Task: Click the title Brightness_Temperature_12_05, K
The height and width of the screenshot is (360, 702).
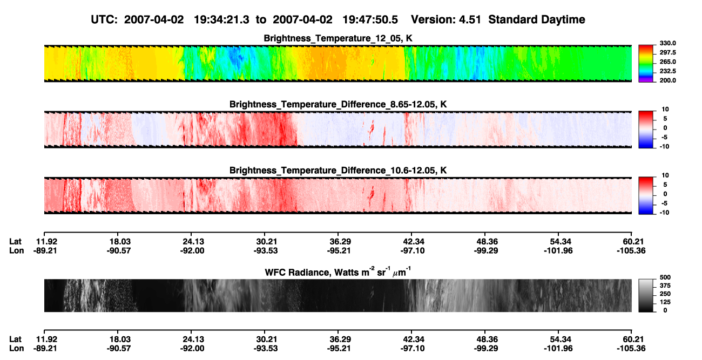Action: [338, 38]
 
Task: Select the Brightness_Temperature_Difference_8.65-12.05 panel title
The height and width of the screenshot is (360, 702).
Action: [338, 104]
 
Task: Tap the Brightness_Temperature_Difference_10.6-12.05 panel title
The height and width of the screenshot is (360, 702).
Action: [338, 171]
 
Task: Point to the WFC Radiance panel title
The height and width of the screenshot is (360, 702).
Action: [338, 272]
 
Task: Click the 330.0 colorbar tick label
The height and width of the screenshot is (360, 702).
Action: [667, 43]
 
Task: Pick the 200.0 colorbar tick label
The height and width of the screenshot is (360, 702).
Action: [667, 80]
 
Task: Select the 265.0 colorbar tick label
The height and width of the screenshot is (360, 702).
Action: [667, 62]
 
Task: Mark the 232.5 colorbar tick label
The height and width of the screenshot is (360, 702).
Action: [667, 71]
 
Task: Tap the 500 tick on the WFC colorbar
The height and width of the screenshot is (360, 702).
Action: [665, 277]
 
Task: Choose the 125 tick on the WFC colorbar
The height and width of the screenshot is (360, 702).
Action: [665, 302]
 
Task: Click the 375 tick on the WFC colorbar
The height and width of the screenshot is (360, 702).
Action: [665, 286]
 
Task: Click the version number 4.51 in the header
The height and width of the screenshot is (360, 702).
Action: [470, 20]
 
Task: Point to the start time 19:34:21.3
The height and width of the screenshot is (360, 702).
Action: [221, 20]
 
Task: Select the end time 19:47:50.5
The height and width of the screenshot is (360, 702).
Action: [370, 20]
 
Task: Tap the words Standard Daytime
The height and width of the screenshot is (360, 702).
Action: [537, 20]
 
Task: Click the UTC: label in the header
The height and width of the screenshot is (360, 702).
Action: [104, 20]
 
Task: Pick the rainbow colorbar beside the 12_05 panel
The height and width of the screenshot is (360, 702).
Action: [646, 64]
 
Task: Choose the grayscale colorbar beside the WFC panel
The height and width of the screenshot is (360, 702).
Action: [646, 295]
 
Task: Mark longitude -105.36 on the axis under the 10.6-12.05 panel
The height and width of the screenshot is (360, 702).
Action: [631, 250]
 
